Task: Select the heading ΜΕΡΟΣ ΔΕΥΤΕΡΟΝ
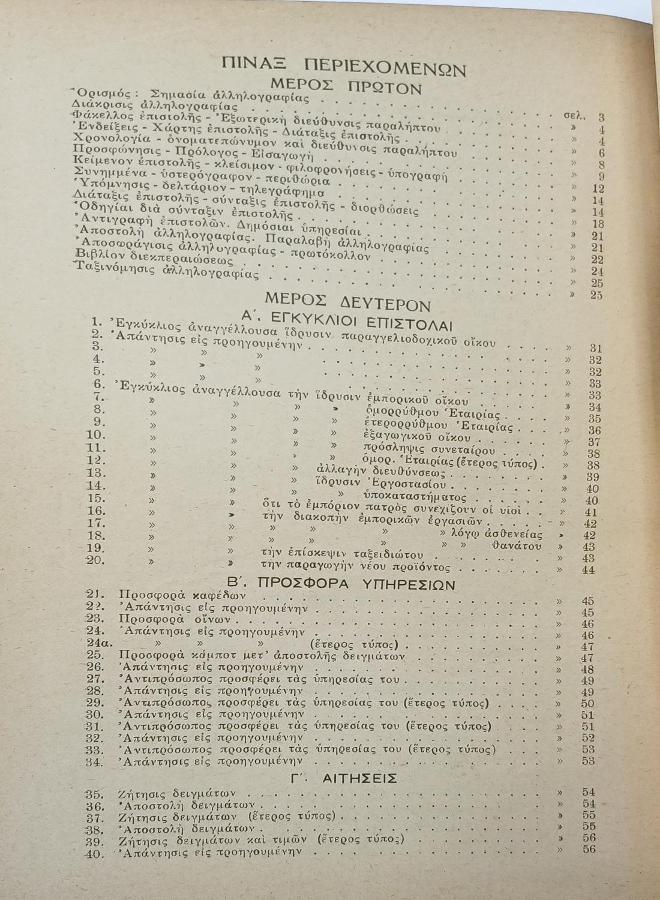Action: pyautogui.click(x=347, y=299)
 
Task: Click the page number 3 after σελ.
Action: pyautogui.click(x=601, y=118)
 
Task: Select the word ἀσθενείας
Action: pyautogui.click(x=510, y=534)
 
